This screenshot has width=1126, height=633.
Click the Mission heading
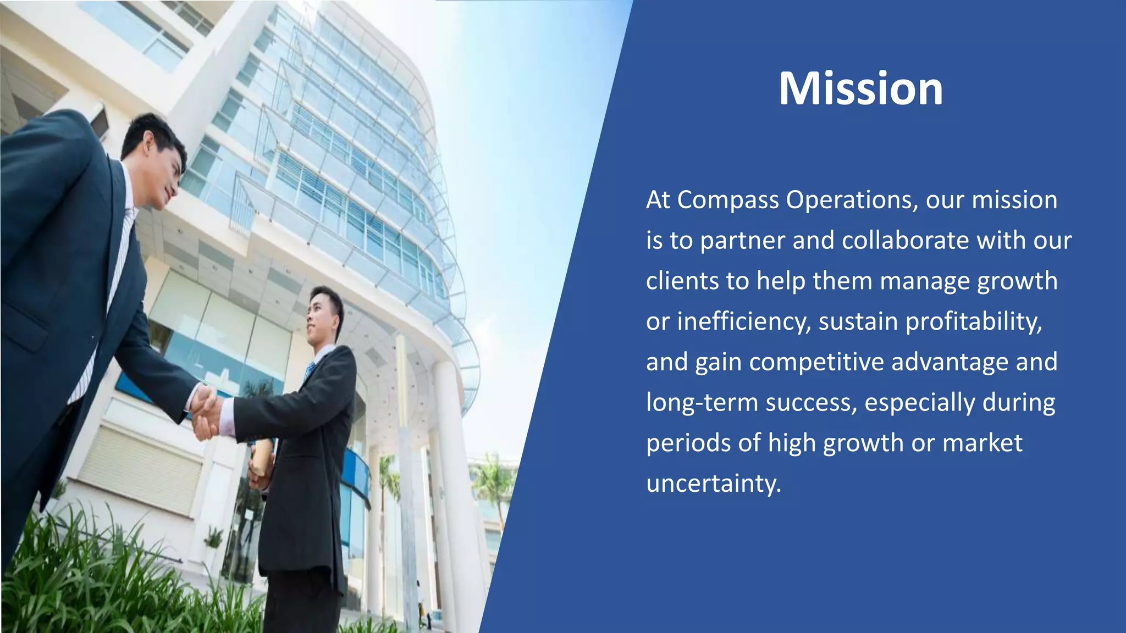pos(860,88)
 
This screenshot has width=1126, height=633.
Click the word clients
pos(682,281)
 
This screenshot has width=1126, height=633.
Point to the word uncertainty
pos(713,484)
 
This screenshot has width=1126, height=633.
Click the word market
pos(982,443)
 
